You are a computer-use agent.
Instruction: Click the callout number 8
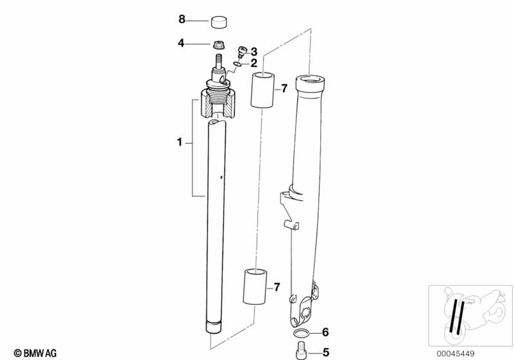coord(181,20)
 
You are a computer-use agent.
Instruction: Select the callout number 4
coord(181,43)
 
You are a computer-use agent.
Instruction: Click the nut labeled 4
coord(218,46)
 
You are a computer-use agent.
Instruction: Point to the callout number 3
coord(253,51)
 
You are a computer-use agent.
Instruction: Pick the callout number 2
coord(253,63)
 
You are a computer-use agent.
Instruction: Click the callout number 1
coord(179,142)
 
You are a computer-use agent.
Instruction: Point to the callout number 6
coord(325,332)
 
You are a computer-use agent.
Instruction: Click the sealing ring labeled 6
coord(303,333)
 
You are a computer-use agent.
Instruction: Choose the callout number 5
coord(325,353)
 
